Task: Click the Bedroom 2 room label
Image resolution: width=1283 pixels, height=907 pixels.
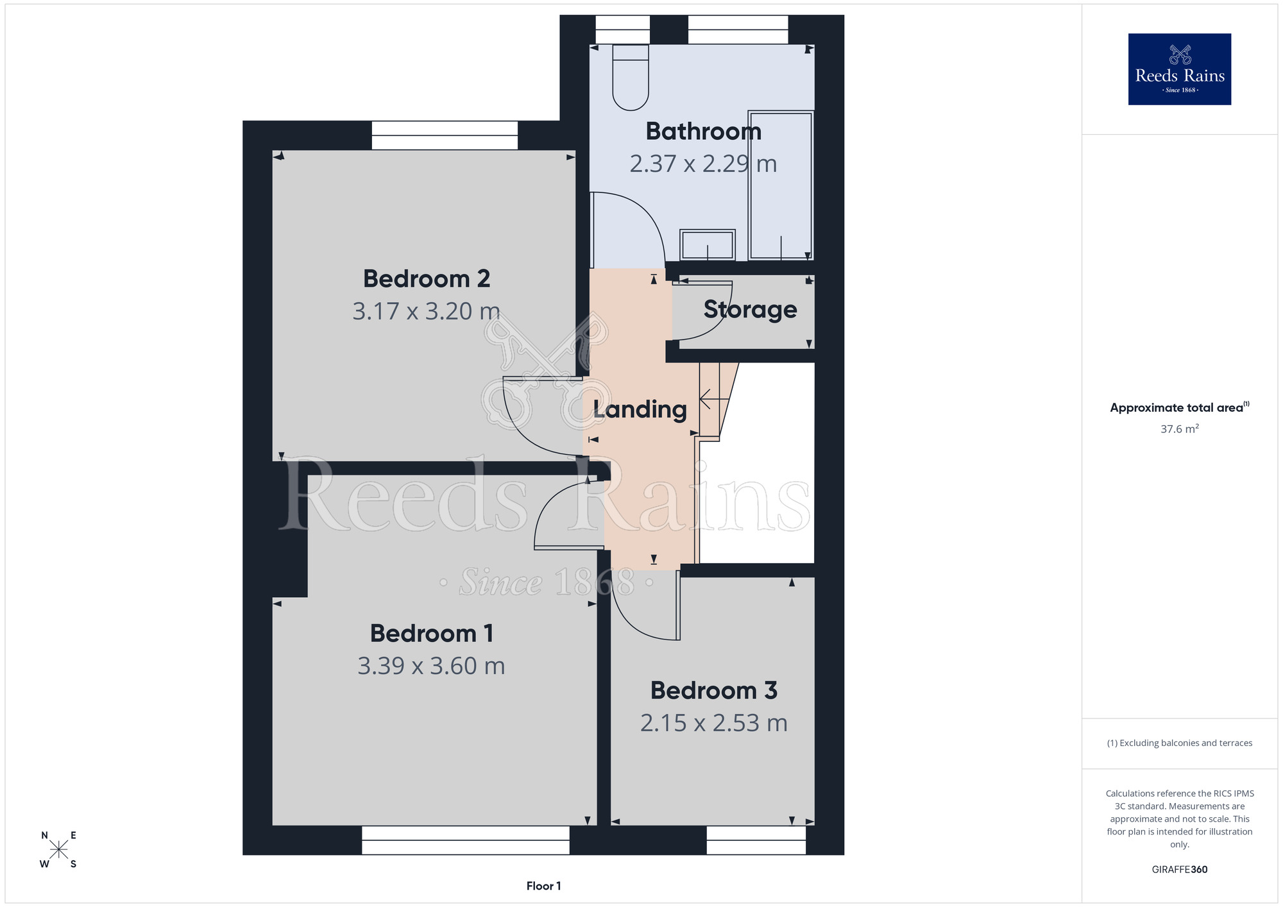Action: (x=427, y=279)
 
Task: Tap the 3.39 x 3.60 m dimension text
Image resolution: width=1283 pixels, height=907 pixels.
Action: (x=431, y=666)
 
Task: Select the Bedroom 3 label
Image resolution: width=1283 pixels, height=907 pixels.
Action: (x=713, y=691)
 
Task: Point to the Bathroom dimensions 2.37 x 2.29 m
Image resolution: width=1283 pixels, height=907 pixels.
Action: (x=703, y=164)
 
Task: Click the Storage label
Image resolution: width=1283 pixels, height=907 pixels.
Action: (x=750, y=310)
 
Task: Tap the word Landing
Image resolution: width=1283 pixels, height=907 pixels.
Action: (x=640, y=410)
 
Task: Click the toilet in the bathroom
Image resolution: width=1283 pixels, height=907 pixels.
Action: (x=631, y=78)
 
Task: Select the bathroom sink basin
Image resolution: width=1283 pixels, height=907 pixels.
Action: (x=708, y=245)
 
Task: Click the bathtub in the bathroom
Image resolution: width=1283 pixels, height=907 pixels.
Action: (x=781, y=185)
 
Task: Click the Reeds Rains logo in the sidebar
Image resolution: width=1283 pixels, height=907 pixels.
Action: (x=1179, y=69)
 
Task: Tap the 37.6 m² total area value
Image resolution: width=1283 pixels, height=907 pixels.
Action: (x=1179, y=428)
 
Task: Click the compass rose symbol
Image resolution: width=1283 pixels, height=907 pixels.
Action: (x=58, y=850)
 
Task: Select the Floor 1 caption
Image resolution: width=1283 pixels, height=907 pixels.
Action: (x=543, y=886)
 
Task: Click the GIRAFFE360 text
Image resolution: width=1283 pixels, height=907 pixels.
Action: (x=1179, y=870)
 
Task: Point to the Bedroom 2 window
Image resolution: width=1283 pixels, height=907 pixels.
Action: (x=445, y=135)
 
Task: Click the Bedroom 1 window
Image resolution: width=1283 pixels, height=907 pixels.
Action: (x=465, y=840)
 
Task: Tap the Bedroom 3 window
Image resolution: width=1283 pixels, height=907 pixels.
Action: (x=756, y=840)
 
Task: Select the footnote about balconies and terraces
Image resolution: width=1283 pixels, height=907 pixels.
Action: (x=1179, y=743)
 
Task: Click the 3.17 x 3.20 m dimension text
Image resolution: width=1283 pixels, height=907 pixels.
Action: (x=426, y=312)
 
